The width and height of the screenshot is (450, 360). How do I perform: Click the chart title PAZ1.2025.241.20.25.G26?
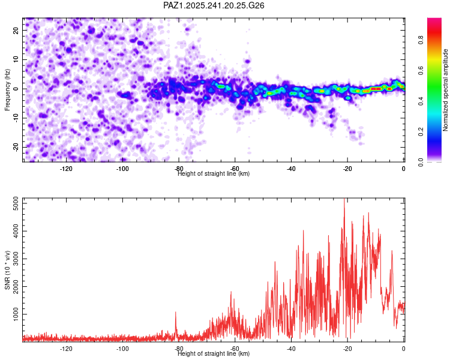click(214, 5)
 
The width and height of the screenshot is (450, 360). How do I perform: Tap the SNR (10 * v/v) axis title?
click(7, 270)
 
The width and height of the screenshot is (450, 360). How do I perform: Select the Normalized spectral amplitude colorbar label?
click(446, 90)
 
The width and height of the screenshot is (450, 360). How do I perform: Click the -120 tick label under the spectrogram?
click(67, 169)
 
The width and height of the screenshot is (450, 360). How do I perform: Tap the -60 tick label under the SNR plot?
click(235, 349)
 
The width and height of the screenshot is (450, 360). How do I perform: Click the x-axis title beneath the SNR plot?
click(214, 354)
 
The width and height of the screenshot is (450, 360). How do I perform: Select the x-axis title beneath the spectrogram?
click(214, 174)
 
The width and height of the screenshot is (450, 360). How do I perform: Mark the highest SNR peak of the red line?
click(344, 200)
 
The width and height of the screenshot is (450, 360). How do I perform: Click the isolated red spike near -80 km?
click(176, 313)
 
